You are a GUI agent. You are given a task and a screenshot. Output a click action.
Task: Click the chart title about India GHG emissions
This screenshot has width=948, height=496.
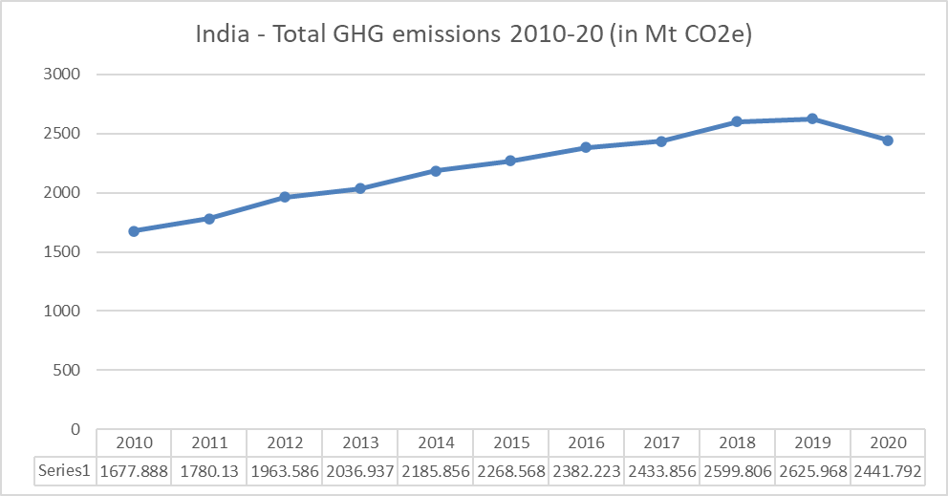coord(473,35)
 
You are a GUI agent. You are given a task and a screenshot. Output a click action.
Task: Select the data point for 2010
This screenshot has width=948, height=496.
coord(134,231)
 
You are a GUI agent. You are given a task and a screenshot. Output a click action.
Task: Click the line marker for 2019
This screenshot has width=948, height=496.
coord(812,119)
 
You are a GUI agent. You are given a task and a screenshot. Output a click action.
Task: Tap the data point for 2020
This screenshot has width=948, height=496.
coord(888,140)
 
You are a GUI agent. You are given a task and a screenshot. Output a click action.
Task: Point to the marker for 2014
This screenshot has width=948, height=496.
coord(435,171)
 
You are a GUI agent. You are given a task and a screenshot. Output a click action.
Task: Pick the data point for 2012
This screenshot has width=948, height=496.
coord(285,197)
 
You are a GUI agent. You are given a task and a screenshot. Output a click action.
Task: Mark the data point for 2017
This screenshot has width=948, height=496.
coord(661,141)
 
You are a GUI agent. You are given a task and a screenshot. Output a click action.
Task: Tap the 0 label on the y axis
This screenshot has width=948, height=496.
coord(75,430)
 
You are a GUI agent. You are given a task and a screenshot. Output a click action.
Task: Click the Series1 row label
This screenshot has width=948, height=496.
coord(65,470)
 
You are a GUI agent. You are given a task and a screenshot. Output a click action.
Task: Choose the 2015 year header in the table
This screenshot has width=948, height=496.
coord(510,443)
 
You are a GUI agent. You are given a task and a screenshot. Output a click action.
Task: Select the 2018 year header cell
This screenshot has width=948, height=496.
coord(737,443)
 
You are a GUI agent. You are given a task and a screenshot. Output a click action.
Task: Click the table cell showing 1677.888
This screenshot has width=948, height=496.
coord(134,470)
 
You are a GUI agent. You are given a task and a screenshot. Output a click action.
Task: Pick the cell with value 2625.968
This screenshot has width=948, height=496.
coord(812,470)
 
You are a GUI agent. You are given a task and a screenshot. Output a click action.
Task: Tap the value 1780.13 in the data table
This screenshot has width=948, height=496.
coord(209,470)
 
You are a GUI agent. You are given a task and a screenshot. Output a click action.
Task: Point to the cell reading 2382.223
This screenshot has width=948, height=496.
coord(586,470)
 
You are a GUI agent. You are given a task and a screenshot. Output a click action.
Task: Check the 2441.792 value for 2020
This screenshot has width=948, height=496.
coord(888,470)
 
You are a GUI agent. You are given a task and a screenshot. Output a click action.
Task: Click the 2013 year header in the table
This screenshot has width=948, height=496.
coord(359,443)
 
